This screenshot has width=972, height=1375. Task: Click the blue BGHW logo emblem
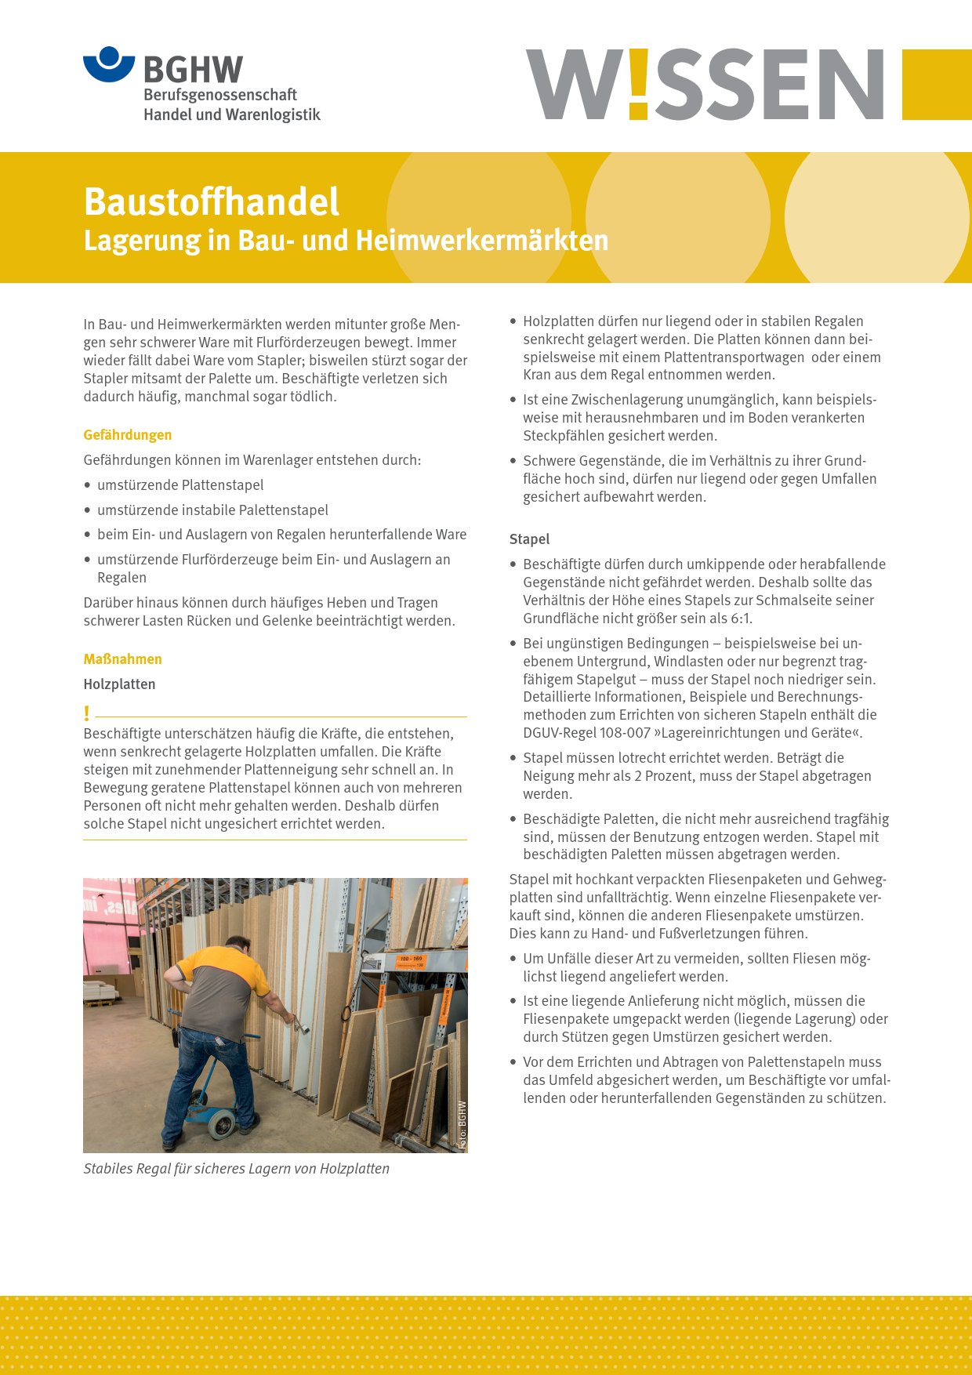tap(109, 63)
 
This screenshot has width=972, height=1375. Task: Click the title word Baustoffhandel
tap(211, 201)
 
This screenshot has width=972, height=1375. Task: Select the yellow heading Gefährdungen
tap(128, 435)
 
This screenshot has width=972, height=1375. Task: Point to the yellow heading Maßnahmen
tap(122, 659)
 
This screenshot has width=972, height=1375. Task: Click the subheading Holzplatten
tap(119, 684)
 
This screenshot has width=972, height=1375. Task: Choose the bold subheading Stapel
tap(529, 539)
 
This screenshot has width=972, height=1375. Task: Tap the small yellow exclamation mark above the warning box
tap(87, 713)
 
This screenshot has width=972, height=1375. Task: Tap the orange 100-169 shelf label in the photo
tap(411, 960)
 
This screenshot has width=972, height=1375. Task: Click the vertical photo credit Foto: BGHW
tap(462, 1125)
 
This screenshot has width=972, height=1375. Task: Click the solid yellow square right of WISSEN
tap(937, 85)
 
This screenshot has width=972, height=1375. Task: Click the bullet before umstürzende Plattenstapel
tap(88, 485)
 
